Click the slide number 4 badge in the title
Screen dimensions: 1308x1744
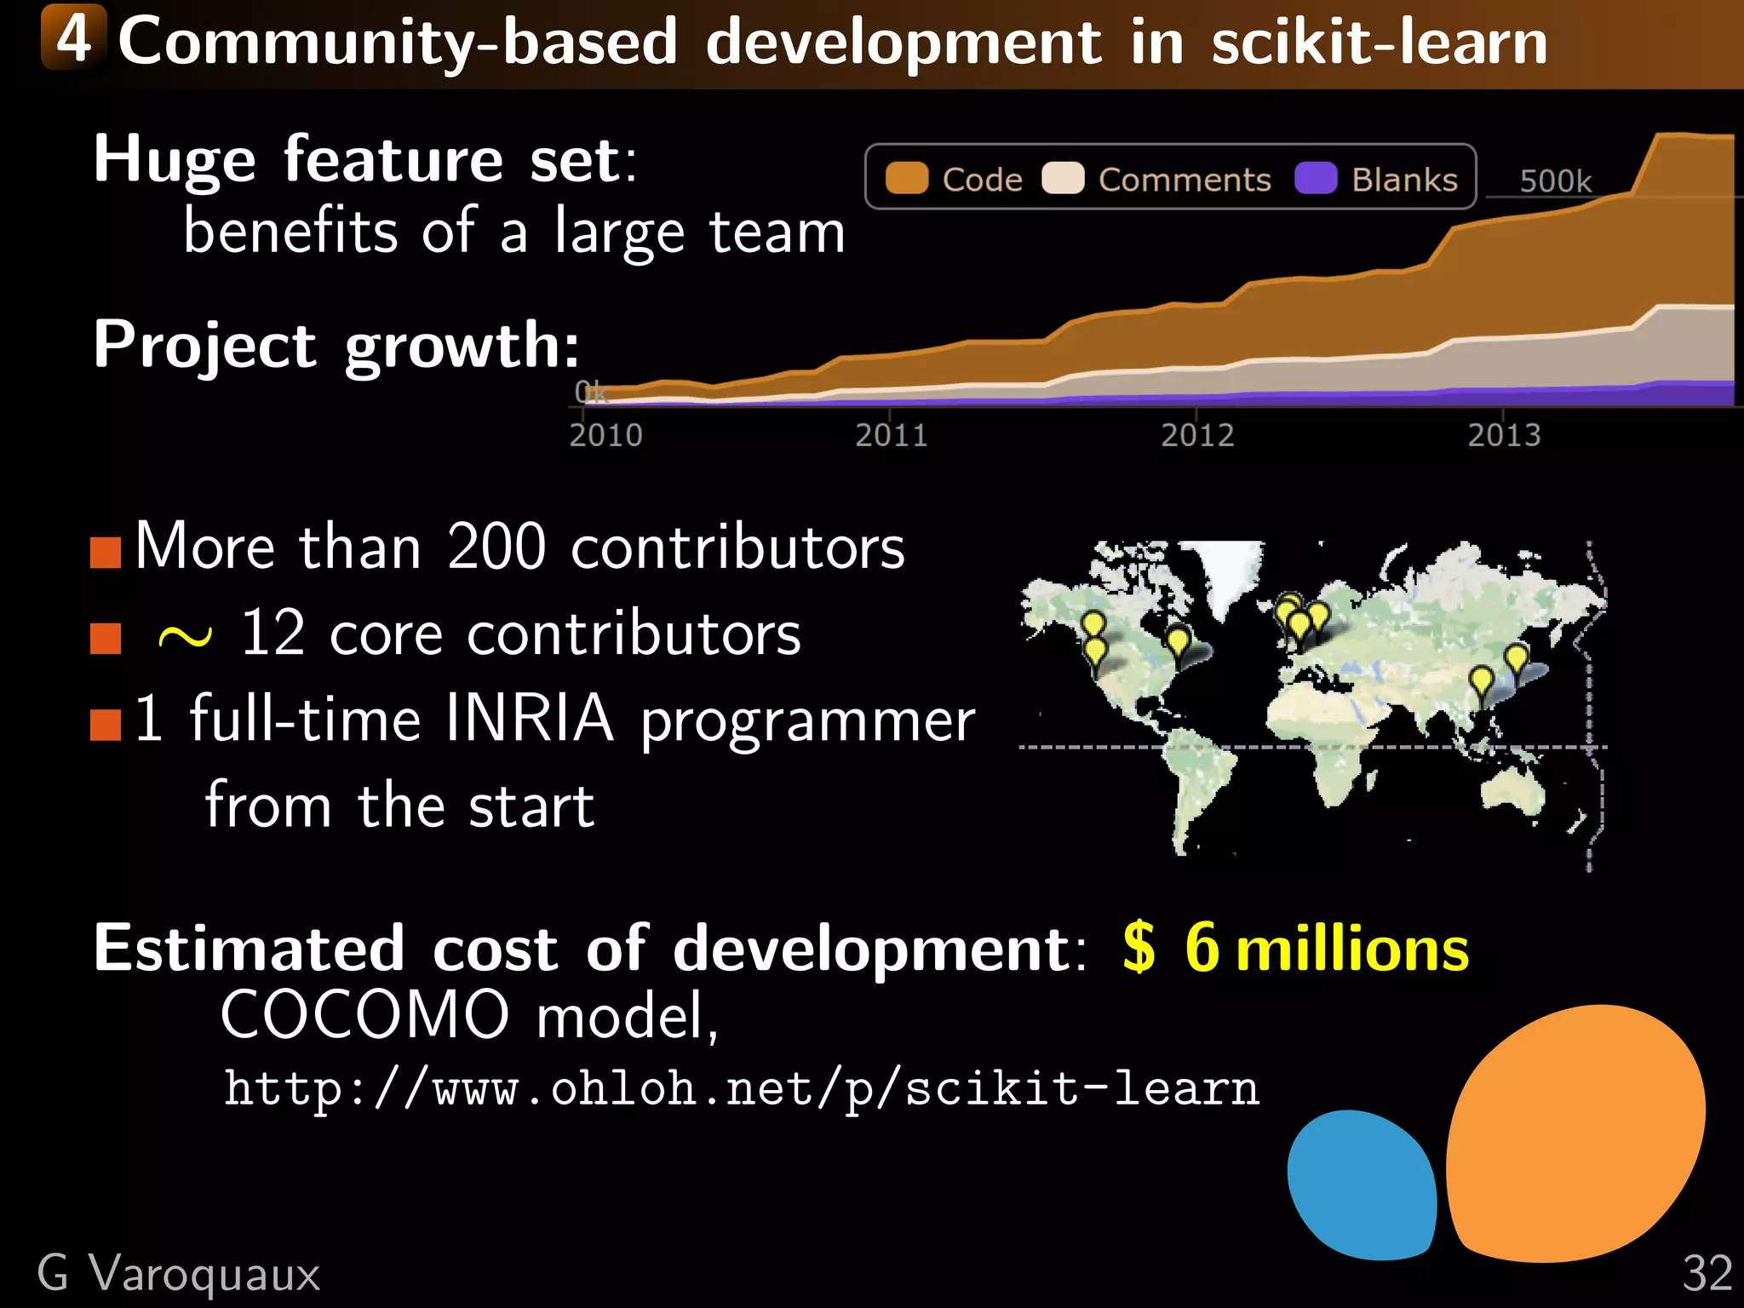click(x=74, y=38)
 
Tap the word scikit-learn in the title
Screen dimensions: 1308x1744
click(x=1379, y=43)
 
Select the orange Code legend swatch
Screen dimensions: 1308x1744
click(x=906, y=179)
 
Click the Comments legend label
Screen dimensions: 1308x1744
click(x=1184, y=181)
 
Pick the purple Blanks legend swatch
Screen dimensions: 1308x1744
click(x=1315, y=179)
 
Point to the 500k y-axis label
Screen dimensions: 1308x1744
click(x=1555, y=181)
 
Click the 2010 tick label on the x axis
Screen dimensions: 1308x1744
click(x=605, y=435)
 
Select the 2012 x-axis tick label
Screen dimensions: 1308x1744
click(x=1197, y=435)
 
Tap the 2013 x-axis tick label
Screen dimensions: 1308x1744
click(x=1504, y=435)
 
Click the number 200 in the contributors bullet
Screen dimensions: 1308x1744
click(x=496, y=547)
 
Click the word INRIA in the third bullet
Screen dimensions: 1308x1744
click(x=529, y=719)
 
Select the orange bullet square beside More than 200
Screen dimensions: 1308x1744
click(x=106, y=552)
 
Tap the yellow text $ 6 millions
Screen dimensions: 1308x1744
click(x=1295, y=948)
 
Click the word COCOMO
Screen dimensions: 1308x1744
click(x=364, y=1015)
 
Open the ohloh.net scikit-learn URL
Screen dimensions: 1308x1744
click(x=741, y=1088)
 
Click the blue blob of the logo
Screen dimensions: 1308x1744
click(x=1361, y=1185)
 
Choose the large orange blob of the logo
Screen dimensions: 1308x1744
click(x=1575, y=1133)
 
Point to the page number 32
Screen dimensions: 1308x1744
click(x=1707, y=1274)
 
